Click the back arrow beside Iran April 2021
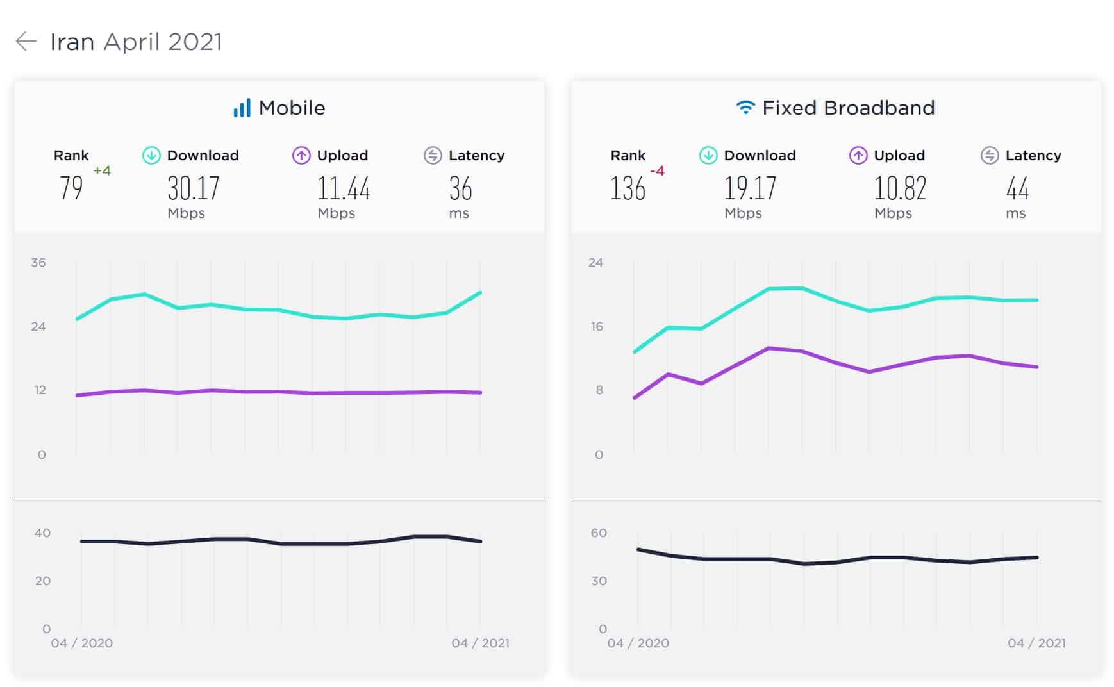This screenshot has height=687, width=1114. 26,42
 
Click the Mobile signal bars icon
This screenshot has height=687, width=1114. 242,108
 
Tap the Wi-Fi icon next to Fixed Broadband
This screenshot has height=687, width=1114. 745,107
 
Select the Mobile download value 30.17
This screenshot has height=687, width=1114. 194,188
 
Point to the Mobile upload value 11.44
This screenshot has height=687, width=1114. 344,188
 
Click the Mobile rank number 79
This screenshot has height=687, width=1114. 71,188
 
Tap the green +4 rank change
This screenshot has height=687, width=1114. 102,170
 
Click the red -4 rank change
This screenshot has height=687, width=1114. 658,170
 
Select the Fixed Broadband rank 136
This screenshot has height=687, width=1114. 628,188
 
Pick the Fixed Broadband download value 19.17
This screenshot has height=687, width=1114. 750,188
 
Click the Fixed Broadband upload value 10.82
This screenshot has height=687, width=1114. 900,188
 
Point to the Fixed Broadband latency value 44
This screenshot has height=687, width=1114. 1017,188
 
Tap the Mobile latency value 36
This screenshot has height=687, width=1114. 460,188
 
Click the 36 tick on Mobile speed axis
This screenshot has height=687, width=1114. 38,262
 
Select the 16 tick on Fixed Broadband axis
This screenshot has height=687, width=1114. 597,327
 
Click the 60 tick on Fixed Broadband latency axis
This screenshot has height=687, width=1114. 599,533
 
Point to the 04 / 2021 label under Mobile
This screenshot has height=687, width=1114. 480,643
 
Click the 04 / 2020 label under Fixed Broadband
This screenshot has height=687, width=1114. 638,643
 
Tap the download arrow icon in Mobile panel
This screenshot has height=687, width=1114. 151,155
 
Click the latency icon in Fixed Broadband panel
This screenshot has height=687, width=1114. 990,155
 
